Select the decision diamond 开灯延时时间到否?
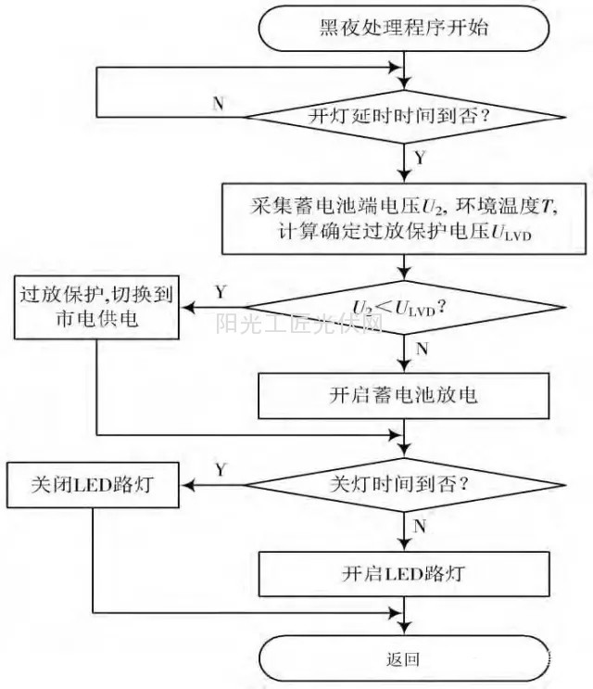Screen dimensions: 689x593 pyautogui.click(x=405, y=117)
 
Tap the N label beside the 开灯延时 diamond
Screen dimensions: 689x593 pyautogui.click(x=219, y=103)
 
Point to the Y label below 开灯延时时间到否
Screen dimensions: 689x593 pyautogui.click(x=422, y=158)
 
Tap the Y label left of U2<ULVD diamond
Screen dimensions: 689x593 pyautogui.click(x=221, y=292)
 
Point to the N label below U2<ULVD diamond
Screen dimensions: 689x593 pyautogui.click(x=423, y=350)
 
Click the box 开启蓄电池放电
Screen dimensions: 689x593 pyautogui.click(x=404, y=396)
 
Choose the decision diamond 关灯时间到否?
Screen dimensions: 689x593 pyautogui.click(x=405, y=484)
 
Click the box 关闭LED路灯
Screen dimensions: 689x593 pyautogui.click(x=92, y=484)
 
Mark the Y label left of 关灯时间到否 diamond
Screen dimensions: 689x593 pyautogui.click(x=221, y=469)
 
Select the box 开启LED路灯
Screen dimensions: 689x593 pyautogui.click(x=404, y=572)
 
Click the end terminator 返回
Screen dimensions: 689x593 pyautogui.click(x=404, y=660)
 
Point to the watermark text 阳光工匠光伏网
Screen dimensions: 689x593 pyautogui.click(x=299, y=324)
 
